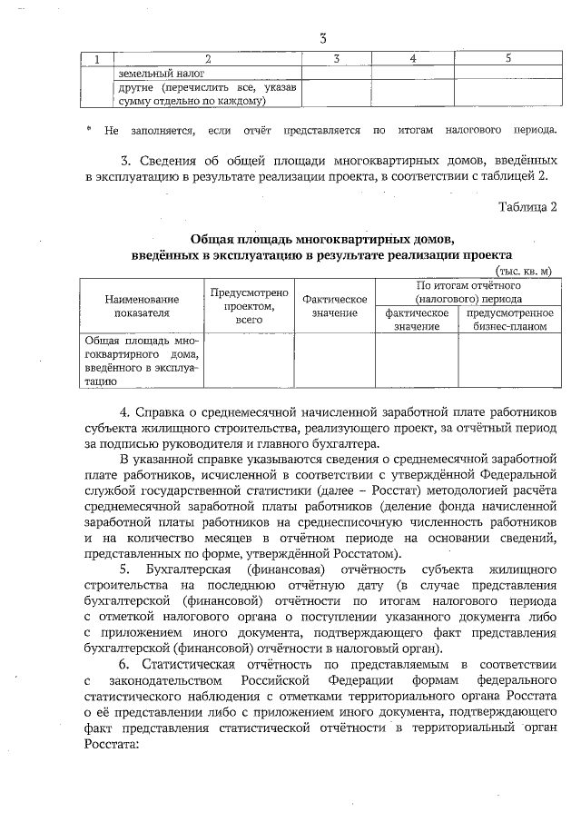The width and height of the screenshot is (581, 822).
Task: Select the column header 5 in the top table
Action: click(507, 59)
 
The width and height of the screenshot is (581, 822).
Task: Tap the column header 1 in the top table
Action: click(97, 59)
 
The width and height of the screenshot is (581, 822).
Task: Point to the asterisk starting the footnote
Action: click(88, 129)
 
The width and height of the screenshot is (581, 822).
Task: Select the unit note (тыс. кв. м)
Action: click(524, 271)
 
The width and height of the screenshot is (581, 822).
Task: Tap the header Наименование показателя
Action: click(142, 305)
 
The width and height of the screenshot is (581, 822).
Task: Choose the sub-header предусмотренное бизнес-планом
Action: click(509, 319)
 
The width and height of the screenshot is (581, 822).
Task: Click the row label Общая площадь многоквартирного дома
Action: click(142, 361)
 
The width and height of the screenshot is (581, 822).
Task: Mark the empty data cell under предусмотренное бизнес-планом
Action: click(509, 361)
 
